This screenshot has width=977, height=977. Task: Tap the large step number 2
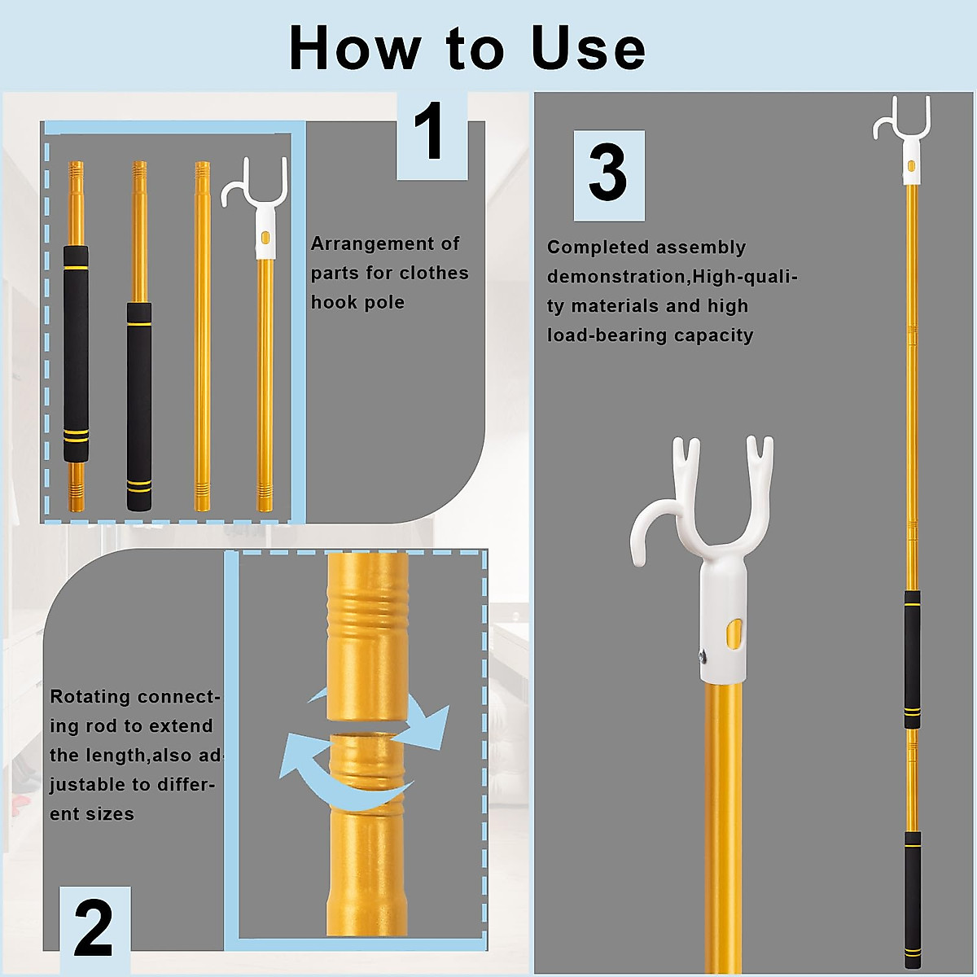(94, 929)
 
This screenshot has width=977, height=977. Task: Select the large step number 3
(607, 174)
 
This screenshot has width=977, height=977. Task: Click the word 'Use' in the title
(588, 49)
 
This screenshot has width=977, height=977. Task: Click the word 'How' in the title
(355, 49)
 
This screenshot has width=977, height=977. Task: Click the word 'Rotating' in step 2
(90, 697)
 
